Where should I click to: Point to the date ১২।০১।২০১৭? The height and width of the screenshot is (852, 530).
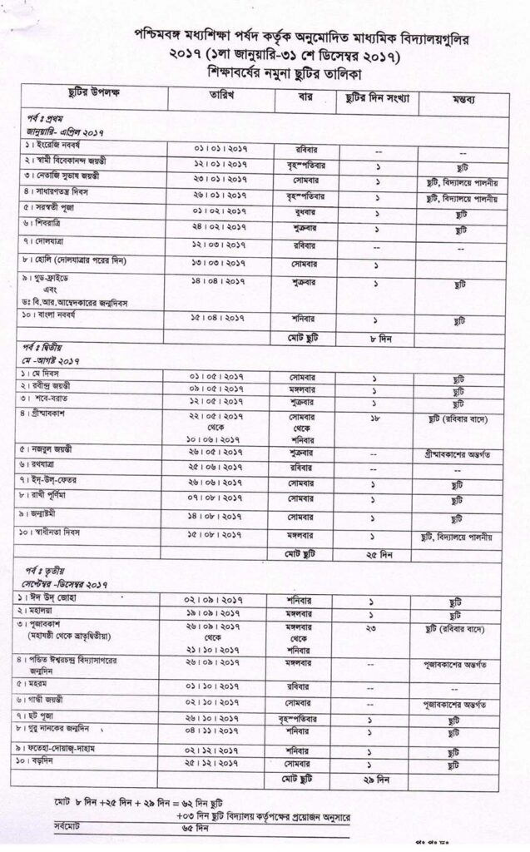220,163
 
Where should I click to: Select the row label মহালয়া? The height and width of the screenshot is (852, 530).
42,613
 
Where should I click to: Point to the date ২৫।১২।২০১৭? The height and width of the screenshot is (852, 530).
220,762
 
